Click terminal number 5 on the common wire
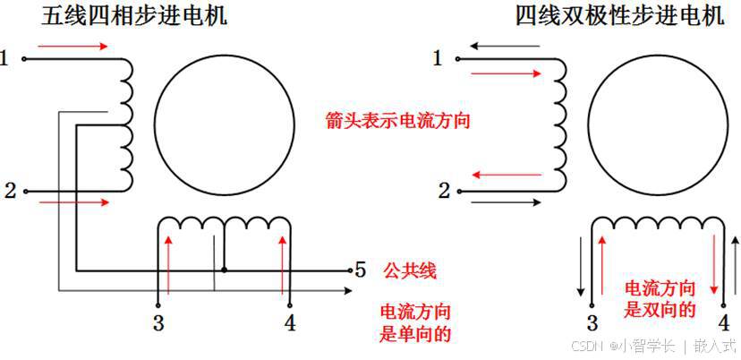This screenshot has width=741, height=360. click(360, 269)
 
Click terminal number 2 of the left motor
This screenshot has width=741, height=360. click(10, 190)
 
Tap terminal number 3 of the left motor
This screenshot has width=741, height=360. click(158, 323)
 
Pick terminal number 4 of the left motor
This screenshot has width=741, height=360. click(288, 323)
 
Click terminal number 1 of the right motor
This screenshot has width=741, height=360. click(438, 59)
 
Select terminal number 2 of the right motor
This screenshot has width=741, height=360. click(443, 190)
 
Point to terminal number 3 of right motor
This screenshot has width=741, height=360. click(592, 323)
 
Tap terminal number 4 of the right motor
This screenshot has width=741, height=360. click(723, 323)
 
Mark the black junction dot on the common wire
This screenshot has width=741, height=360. click(224, 270)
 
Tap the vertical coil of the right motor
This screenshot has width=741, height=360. click(562, 125)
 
